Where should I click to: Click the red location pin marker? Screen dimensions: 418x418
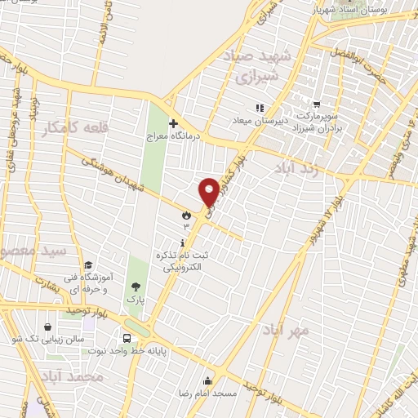pos(208,191)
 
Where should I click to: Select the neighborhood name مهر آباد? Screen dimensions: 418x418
pos(286,331)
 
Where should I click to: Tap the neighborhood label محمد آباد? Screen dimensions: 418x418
pos(73,377)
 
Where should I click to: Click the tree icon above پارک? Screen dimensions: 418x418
pos(136,287)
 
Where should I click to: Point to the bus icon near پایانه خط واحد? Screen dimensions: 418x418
pos(127,337)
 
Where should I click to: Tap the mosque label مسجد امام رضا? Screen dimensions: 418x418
pos(207,393)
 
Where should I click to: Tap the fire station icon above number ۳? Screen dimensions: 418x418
pos(186,215)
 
